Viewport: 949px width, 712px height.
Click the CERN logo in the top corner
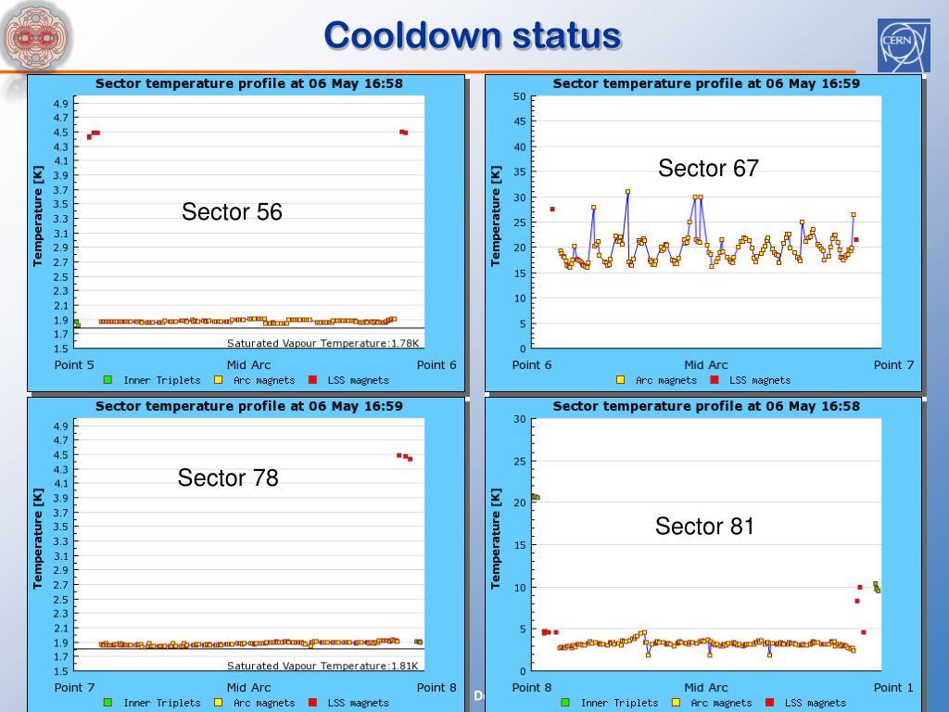[904, 45]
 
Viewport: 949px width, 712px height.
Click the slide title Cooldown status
[472, 36]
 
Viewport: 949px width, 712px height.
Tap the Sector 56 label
[232, 212]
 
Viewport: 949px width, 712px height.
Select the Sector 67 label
[708, 169]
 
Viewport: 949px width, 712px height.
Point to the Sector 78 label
[228, 478]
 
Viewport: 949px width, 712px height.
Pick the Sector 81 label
[704, 528]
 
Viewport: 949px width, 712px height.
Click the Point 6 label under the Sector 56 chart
[437, 365]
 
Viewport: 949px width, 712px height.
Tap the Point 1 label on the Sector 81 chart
[893, 688]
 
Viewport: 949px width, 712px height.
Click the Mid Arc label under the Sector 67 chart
[706, 365]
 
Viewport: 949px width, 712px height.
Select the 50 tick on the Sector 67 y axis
[519, 96]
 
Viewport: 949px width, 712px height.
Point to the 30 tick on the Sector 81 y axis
[519, 419]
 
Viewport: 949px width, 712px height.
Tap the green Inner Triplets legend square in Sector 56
[108, 380]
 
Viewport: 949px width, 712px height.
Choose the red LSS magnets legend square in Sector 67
[715, 380]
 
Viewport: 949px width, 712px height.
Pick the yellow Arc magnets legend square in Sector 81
[676, 703]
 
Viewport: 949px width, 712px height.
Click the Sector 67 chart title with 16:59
[706, 83]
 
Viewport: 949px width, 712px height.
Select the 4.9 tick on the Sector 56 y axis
[60, 103]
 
